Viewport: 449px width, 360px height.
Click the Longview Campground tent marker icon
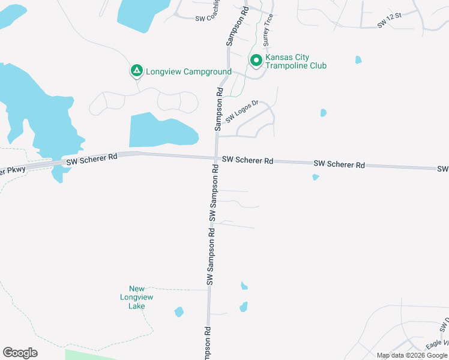pyautogui.click(x=137, y=71)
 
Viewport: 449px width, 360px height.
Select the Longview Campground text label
pyautogui.click(x=188, y=71)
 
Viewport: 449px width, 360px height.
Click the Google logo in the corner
pyautogui.click(x=20, y=353)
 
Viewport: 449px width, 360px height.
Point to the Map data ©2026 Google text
pyautogui.click(x=412, y=355)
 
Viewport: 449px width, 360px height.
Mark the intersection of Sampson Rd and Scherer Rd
pyautogui.click(x=217, y=159)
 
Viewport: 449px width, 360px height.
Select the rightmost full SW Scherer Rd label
pyautogui.click(x=339, y=164)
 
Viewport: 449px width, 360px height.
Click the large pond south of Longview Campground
pyautogui.click(x=162, y=129)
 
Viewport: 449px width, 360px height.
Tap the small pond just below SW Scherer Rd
pyautogui.click(x=315, y=177)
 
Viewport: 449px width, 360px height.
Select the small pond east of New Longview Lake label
pyautogui.click(x=178, y=312)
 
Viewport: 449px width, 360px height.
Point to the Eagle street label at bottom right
pyautogui.click(x=433, y=346)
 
